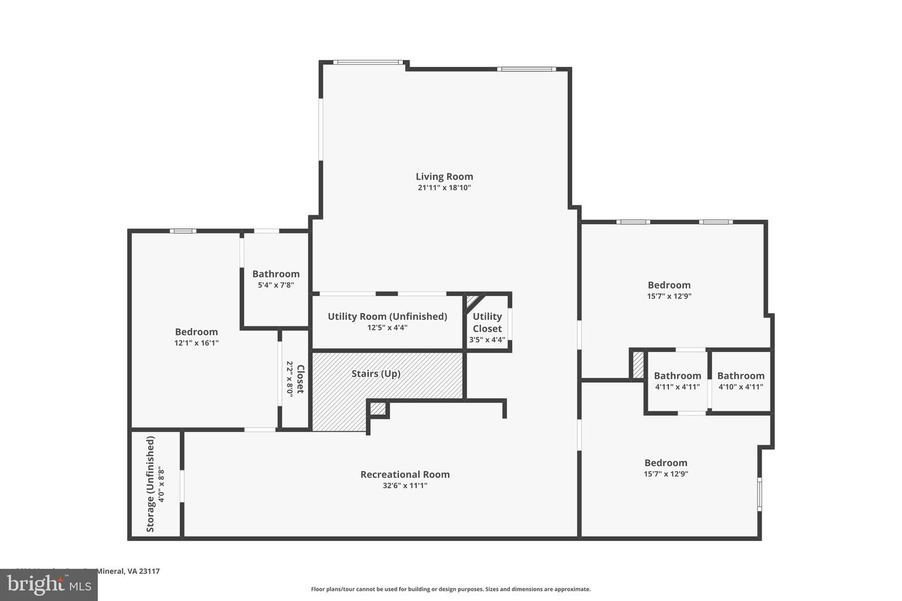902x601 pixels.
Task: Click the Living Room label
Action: (x=444, y=177)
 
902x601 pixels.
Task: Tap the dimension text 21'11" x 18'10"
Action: (x=444, y=188)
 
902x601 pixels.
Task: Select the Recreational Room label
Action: (x=405, y=475)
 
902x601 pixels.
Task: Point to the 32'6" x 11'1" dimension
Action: (x=405, y=486)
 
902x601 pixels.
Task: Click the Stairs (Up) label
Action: (x=376, y=374)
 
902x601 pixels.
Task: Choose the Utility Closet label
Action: (x=487, y=322)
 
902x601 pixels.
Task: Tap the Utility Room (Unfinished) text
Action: (x=387, y=316)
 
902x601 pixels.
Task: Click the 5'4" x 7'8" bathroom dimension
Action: (x=276, y=285)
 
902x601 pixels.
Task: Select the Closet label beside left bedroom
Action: (x=300, y=379)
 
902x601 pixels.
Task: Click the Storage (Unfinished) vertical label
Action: (x=150, y=485)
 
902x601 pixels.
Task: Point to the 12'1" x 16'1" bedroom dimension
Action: (x=196, y=343)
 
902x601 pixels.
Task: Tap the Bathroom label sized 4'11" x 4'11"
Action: (x=677, y=376)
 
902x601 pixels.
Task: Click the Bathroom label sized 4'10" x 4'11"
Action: (x=740, y=376)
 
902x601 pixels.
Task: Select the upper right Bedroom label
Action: (x=669, y=285)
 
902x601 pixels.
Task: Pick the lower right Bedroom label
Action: (x=665, y=463)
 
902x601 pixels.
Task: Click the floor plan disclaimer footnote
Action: (x=450, y=589)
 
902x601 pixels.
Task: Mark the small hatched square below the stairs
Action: (x=378, y=409)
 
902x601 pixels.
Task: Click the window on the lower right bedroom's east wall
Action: (x=759, y=495)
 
